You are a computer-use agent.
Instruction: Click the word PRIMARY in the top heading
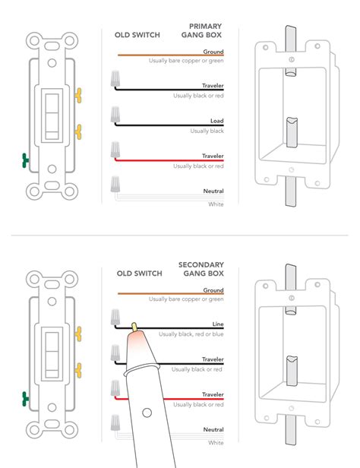point(205,26)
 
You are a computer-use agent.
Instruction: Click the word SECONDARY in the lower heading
point(200,264)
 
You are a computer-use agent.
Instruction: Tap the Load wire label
point(216,121)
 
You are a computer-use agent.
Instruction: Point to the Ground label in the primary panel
point(213,51)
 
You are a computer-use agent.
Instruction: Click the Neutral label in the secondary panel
point(213,430)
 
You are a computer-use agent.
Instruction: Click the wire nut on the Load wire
point(116,114)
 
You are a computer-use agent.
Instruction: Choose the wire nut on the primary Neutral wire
point(116,183)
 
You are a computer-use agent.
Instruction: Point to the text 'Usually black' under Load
point(207,131)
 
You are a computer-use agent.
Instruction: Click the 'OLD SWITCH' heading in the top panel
point(137,35)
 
